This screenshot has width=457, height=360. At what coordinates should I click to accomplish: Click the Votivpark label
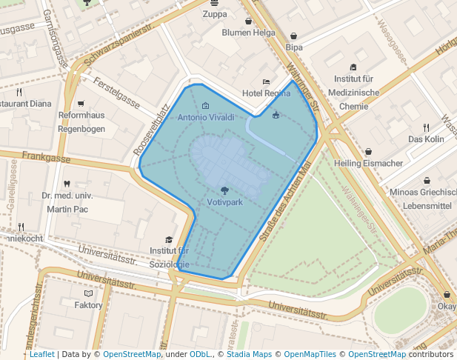pos(225,202)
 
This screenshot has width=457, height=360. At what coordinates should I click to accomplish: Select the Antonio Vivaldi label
pos(206,117)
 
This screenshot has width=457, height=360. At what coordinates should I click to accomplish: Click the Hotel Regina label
pos(267,93)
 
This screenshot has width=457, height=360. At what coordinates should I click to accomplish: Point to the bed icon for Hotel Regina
pos(266,82)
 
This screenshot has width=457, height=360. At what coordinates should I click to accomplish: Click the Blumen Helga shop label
pos(248,33)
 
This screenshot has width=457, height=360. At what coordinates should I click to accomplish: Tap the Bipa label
pos(294,47)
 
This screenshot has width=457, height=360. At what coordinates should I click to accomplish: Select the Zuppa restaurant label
pos(215,13)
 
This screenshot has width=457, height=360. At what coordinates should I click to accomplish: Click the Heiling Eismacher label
pos(368,163)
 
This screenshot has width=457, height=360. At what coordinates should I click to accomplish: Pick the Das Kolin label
pos(426,139)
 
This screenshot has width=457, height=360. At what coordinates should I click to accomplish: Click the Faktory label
pos(88,305)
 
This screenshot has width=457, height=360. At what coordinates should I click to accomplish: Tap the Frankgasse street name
pos(46,157)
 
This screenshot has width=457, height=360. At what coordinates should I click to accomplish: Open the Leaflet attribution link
pos(41,355)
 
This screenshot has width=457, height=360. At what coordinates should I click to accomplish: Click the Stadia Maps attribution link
pos(248,355)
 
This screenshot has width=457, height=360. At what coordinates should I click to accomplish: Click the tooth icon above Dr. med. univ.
pos(67,184)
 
